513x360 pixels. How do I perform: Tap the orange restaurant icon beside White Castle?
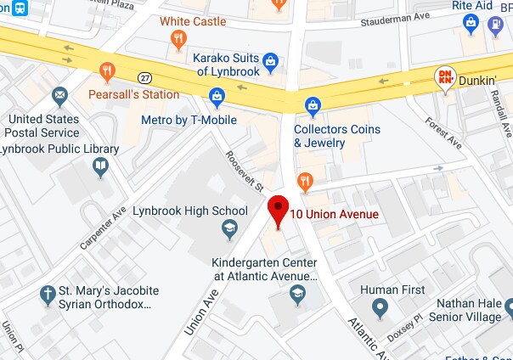pos(178,38)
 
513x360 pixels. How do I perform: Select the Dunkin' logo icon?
pos(445,78)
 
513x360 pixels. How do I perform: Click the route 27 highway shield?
pos(145,78)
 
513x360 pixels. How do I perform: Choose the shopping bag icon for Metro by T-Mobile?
pos(217,98)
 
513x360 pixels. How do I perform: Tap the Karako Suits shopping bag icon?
pos(270,60)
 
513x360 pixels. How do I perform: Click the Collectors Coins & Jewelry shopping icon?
pos(313,107)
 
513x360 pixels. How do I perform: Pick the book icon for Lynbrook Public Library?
pos(101,166)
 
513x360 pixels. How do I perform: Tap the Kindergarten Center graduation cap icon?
pos(297,294)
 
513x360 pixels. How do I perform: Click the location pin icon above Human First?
pos(381,307)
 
